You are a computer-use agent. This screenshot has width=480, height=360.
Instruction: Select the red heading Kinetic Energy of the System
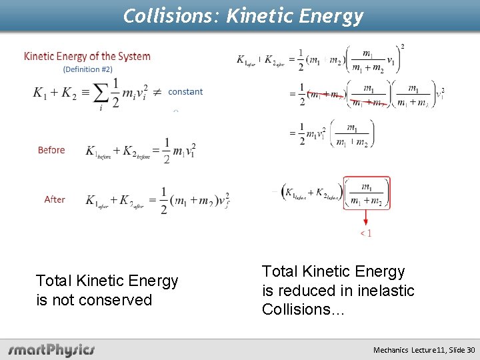click(x=87, y=57)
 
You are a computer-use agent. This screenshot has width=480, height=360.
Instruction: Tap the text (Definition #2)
click(x=88, y=69)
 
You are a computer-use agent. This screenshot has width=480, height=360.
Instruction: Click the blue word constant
click(x=185, y=92)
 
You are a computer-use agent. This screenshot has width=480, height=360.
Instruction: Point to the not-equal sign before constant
click(x=157, y=93)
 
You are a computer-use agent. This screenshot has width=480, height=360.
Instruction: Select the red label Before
click(x=51, y=150)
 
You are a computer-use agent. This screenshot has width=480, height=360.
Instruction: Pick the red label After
click(x=55, y=199)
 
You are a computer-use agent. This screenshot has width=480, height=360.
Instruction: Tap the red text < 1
click(x=366, y=233)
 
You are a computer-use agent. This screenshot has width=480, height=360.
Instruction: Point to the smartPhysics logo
click(x=51, y=349)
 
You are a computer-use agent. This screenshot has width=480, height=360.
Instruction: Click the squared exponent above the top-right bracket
click(x=402, y=47)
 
